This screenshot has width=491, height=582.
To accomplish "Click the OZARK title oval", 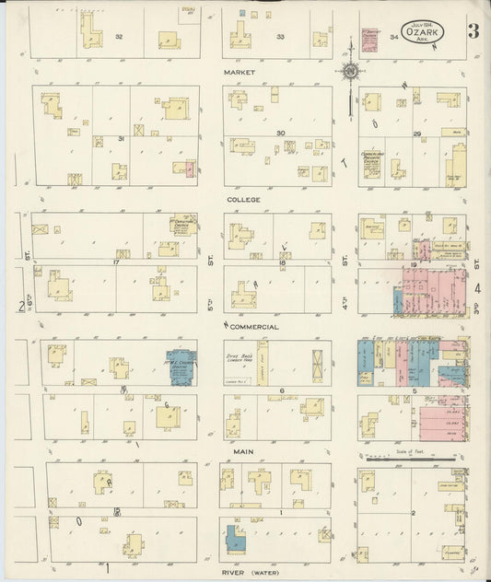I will (x=424, y=31).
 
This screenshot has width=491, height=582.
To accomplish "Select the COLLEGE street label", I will (x=245, y=199).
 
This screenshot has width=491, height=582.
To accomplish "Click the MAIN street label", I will (x=243, y=451).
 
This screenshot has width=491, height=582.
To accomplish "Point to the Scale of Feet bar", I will (x=410, y=458).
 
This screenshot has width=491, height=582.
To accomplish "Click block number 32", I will (x=119, y=36).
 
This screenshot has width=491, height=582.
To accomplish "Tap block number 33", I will (x=281, y=36).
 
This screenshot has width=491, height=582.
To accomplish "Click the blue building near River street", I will (x=234, y=538).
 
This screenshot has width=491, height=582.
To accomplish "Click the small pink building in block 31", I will (x=189, y=169).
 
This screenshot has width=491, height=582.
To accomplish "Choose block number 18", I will (x=283, y=263).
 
